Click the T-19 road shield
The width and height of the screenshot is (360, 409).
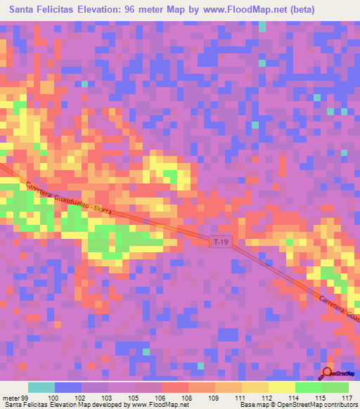tap(221, 242)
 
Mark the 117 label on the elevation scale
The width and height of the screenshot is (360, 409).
tap(346, 397)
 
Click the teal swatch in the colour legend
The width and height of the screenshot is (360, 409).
tap(41, 387)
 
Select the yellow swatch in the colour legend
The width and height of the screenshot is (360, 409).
tap(255, 387)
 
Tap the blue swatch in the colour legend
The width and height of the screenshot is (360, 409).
tap(68, 387)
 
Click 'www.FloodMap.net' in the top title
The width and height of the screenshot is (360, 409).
tap(241, 10)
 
